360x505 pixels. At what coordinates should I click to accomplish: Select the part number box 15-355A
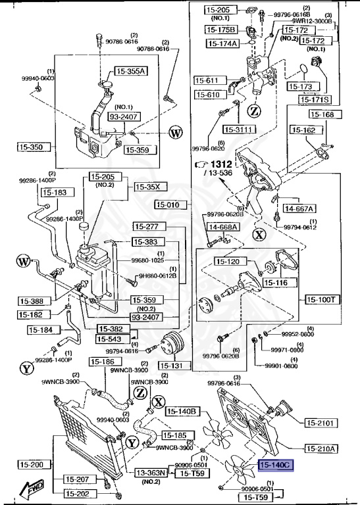point(132,71)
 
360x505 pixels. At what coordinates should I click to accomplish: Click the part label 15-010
point(171,204)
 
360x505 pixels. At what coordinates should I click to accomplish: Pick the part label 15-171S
point(315,99)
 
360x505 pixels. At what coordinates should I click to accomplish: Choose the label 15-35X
point(151,187)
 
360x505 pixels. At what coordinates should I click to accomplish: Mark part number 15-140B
point(182,412)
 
